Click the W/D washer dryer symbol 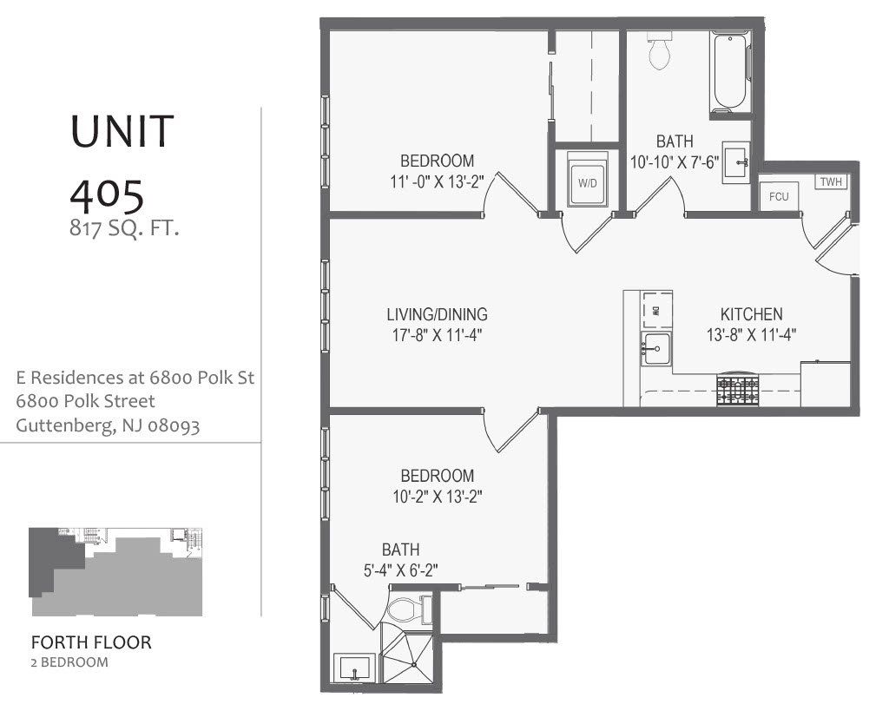coord(588,182)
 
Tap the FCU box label coord(779,196)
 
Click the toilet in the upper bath coord(661,53)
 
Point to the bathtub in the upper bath coord(729,73)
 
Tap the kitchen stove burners coord(737,390)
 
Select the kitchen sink coord(655,350)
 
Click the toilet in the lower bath coord(406,610)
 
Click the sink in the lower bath coord(355,669)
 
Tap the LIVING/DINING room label coord(437,314)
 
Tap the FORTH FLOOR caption coord(91,643)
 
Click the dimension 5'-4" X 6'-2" coord(400,570)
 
